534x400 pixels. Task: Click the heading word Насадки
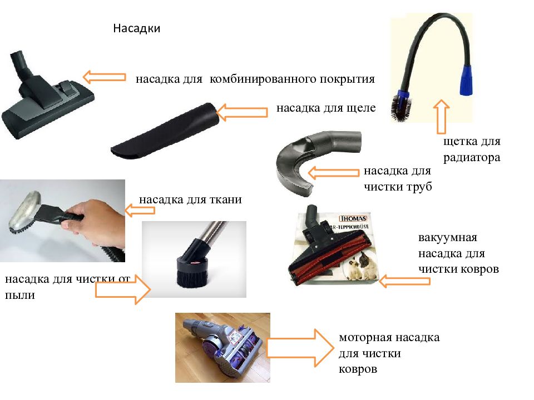[x=137, y=28]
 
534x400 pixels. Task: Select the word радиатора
[x=472, y=157]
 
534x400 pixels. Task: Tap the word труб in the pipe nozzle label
[x=419, y=187]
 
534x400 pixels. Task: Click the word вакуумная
[x=448, y=238]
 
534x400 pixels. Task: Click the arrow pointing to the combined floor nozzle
[x=104, y=77]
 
